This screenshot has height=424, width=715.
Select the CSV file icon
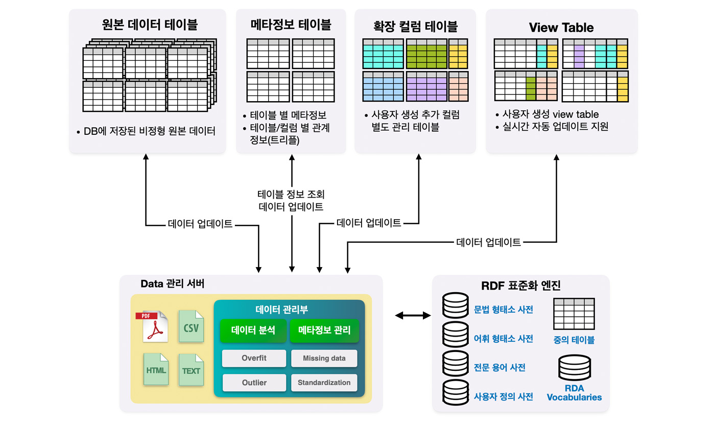[190, 326]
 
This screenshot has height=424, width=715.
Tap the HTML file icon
[156, 369]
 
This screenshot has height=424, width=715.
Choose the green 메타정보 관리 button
[324, 331]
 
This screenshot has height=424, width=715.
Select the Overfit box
[254, 358]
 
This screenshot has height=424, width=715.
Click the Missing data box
[324, 358]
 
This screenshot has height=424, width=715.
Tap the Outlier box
[254, 383]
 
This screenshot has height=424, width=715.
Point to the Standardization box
[324, 383]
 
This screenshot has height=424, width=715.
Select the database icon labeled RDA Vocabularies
[575, 368]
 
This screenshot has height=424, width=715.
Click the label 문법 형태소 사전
[504, 310]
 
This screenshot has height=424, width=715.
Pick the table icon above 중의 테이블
[574, 314]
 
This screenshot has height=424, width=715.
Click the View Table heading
[561, 28]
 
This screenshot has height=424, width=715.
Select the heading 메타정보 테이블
[291, 25]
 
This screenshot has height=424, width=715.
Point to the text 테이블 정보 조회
[291, 194]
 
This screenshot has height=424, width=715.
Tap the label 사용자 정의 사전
[504, 396]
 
